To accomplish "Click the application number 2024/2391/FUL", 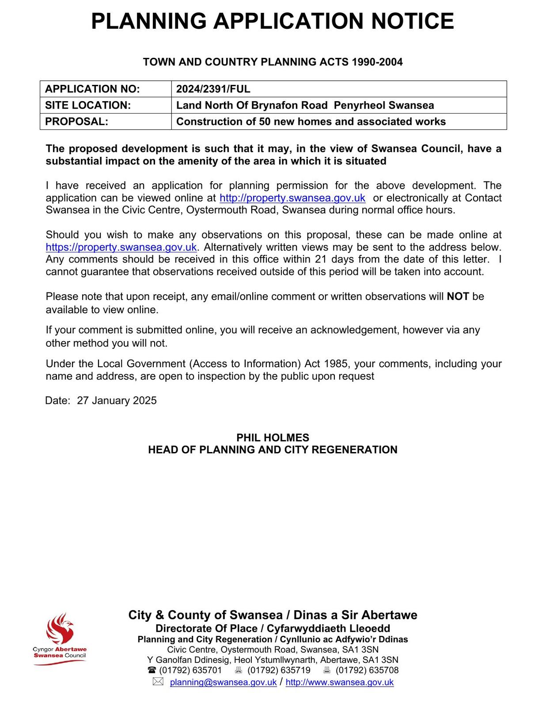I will tap(213, 89).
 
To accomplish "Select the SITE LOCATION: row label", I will tap(88, 106).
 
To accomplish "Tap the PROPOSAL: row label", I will tap(76, 122).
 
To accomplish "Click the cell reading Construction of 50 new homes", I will tap(311, 122).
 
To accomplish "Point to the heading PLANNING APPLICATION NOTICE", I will tap(273, 21).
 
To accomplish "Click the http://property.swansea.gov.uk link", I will tap(292, 198).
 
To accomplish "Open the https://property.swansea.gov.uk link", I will tap(121, 247).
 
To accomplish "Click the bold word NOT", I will tap(458, 296).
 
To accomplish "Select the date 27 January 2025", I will tap(117, 401).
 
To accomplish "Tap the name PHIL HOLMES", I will tap(273, 438).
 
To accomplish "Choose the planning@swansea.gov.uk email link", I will tap(223, 682).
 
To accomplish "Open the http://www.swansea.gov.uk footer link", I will tap(339, 682).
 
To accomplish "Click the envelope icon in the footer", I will tap(158, 682).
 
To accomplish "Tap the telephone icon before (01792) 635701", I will tap(152, 670).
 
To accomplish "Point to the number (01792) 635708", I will tap(367, 670).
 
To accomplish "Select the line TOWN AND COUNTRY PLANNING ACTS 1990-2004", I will tap(273, 62).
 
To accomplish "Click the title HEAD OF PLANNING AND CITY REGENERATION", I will tap(273, 450).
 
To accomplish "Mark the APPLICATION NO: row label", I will tap(92, 89).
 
